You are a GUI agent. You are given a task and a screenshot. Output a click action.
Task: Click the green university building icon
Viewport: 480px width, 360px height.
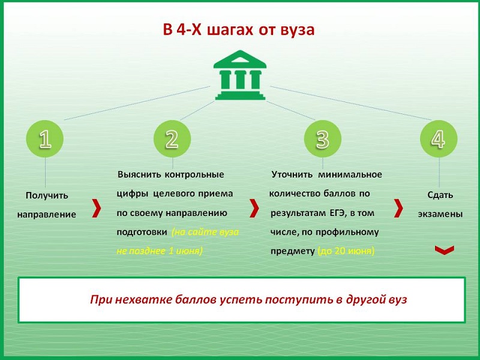click(x=240, y=75)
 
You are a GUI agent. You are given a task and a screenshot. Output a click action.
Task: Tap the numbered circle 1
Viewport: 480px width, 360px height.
click(x=45, y=139)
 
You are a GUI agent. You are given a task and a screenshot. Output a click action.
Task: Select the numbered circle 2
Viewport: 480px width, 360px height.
click(x=172, y=139)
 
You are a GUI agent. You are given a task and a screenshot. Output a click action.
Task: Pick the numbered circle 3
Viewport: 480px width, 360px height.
click(x=323, y=139)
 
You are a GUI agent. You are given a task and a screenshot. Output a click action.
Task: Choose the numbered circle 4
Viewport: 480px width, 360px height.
click(x=439, y=139)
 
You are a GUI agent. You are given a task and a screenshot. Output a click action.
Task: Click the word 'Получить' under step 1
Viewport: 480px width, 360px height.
click(x=47, y=196)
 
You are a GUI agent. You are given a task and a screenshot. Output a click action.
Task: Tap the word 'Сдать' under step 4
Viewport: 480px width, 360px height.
click(x=440, y=195)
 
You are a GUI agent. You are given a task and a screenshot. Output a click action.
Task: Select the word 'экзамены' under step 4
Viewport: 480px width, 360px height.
click(x=440, y=214)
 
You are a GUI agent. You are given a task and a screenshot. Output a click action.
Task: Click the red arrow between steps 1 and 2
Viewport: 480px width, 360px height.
click(x=97, y=208)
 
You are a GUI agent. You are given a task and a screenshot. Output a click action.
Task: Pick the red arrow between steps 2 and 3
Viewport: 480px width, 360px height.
click(x=254, y=208)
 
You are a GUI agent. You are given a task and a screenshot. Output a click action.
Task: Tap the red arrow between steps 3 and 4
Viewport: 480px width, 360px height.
click(x=398, y=208)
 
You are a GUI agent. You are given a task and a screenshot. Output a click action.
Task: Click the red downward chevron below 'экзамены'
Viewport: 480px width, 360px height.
click(x=445, y=250)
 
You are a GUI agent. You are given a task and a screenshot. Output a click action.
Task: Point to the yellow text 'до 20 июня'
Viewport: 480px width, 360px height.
click(x=346, y=251)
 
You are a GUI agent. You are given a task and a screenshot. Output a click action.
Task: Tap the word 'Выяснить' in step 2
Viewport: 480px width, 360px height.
click(x=139, y=175)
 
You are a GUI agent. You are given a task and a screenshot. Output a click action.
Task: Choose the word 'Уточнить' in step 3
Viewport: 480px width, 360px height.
click(x=292, y=175)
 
